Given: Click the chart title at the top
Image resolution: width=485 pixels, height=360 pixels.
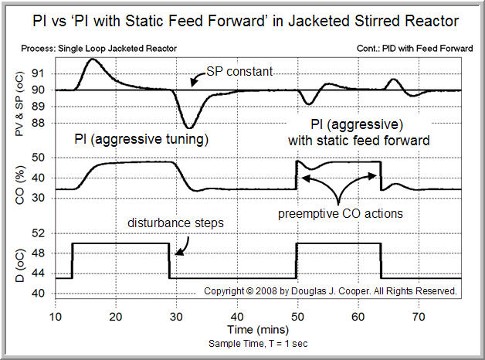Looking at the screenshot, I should (242, 20).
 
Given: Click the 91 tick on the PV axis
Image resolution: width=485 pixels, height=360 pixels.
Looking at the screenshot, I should (41, 73).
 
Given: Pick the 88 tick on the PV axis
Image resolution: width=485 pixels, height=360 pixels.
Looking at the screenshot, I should (41, 123).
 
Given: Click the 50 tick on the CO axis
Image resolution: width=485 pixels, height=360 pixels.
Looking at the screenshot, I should (41, 158).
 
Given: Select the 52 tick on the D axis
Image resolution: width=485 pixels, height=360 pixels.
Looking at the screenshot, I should (41, 233).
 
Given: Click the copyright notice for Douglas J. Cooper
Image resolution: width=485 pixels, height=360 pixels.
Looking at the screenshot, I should (331, 291).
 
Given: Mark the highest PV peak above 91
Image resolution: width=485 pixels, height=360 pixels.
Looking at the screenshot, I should (93, 59).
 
